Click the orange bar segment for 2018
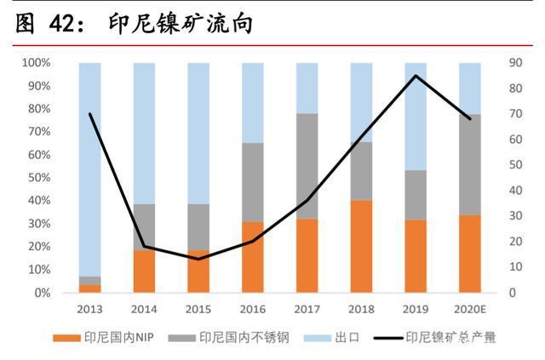[x=361, y=246]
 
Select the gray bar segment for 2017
[x=307, y=166]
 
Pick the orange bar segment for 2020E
[x=470, y=254]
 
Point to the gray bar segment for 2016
[x=253, y=182]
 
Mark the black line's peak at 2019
[x=416, y=76]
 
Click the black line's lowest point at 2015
[x=198, y=259]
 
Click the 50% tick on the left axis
[x=37, y=178]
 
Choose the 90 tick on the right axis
[x=515, y=63]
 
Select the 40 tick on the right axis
[x=515, y=191]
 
